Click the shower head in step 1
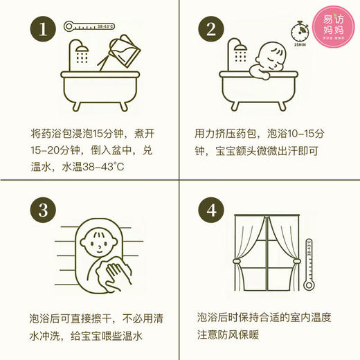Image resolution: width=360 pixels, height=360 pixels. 78,52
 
